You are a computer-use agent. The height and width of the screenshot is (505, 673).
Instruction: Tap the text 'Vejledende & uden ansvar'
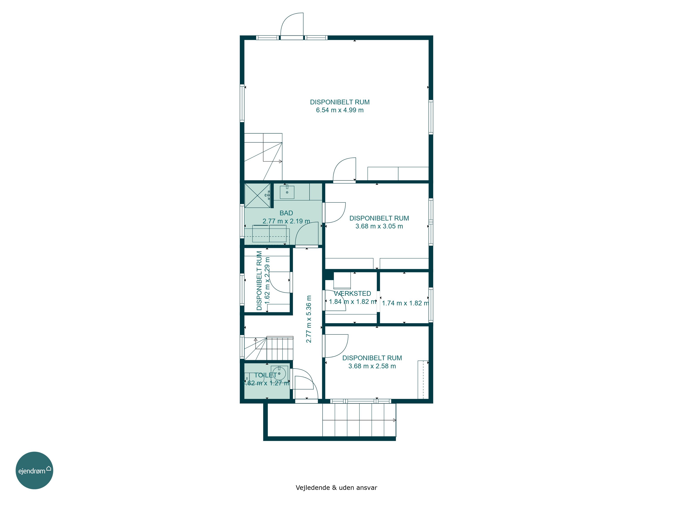point(336,488)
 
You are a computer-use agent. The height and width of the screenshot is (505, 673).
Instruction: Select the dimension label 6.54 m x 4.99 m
point(340,110)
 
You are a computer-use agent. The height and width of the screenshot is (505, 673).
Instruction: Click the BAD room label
point(286,213)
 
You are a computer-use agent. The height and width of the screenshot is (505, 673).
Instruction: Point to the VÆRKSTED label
point(352,293)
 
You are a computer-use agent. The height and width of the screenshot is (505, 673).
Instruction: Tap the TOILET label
point(266,375)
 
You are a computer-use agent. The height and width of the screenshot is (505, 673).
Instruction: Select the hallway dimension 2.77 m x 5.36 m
point(309,319)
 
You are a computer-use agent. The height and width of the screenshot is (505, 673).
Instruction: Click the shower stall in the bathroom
point(257,195)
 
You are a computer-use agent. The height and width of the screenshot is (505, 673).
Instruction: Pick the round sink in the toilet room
point(279,373)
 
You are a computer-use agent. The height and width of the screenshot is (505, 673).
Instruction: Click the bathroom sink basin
point(287,192)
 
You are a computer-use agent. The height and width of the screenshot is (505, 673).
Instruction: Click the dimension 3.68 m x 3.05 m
point(379,226)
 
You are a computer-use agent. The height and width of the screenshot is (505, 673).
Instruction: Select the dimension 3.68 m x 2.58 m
point(372,366)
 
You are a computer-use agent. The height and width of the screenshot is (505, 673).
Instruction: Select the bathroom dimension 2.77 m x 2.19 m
point(286,221)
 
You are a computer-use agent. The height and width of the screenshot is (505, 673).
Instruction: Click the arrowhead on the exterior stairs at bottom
point(395,420)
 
